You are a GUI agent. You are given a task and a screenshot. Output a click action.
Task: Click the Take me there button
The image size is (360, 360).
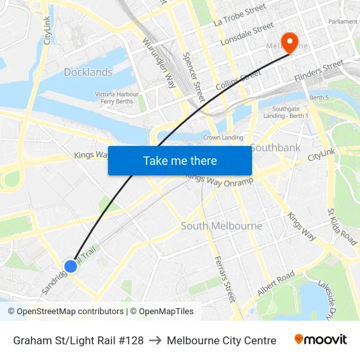[x=179, y=160]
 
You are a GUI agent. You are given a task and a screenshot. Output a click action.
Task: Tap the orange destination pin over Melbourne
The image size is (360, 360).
[x=287, y=40]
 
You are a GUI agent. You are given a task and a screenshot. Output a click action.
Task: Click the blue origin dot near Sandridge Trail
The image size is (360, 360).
[x=71, y=266]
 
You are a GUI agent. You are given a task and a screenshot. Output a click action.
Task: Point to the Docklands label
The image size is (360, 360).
[x=88, y=72]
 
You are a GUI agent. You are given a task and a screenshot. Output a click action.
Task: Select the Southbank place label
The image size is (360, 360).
[x=275, y=147]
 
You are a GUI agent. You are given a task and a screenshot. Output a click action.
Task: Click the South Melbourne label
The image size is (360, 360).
[x=221, y=226]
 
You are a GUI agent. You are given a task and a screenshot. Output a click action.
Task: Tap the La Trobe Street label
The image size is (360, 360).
[x=240, y=14]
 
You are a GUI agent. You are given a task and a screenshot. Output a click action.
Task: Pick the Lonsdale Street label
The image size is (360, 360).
[x=247, y=34]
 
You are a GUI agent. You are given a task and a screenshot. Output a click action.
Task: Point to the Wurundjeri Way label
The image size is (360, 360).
[x=159, y=62]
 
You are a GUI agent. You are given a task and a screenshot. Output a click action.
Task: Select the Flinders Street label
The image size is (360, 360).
[x=319, y=71]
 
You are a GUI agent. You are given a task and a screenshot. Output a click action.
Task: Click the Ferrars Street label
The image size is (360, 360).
[x=224, y=278]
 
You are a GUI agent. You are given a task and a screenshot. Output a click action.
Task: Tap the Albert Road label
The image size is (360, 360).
[x=276, y=283]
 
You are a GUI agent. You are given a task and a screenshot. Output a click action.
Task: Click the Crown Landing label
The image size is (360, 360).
[x=223, y=137]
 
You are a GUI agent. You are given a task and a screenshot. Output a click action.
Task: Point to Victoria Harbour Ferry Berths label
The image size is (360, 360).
[x=116, y=98]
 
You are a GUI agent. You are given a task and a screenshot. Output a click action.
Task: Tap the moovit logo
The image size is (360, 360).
[x=320, y=340]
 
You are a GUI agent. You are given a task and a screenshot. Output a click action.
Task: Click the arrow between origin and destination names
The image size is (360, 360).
[x=155, y=340]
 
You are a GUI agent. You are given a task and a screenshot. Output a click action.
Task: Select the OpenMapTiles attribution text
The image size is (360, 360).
[x=162, y=312]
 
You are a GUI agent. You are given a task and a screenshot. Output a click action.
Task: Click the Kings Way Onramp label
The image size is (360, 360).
[x=219, y=181]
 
